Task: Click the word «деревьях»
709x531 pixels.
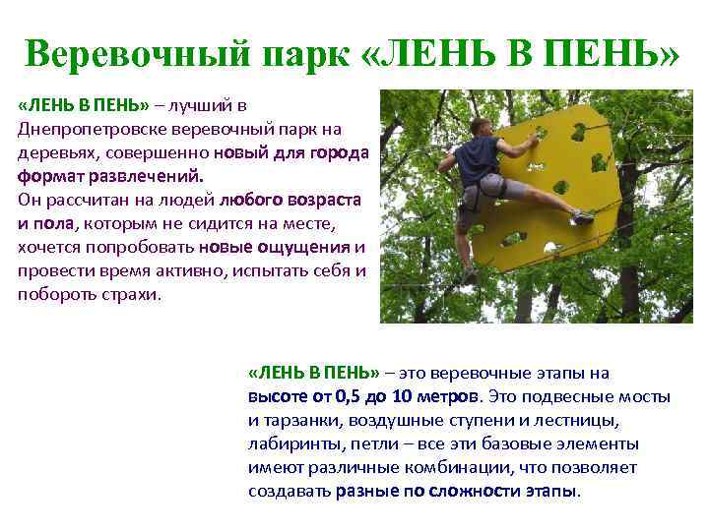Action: [x=56, y=153]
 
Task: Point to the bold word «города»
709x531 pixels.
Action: [x=337, y=153]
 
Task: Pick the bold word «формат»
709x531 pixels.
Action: [x=48, y=177]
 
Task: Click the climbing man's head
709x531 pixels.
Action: [x=480, y=127]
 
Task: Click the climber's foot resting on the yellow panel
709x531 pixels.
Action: [x=583, y=216]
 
